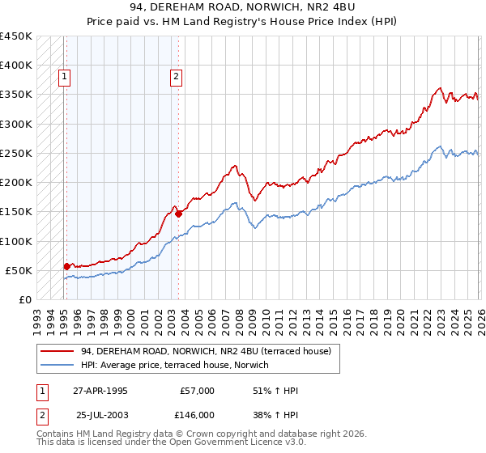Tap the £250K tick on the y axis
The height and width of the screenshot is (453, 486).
[16, 153]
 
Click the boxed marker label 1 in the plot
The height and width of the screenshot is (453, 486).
[64, 78]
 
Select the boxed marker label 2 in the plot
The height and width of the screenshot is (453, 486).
[176, 78]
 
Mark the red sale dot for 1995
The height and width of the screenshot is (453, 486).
[66, 265]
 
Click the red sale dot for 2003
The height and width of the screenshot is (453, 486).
[178, 214]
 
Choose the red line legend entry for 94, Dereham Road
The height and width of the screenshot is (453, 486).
[206, 351]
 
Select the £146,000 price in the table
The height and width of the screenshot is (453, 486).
[197, 414]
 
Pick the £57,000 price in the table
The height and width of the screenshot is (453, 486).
[197, 391]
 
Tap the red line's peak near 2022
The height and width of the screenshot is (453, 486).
[439, 88]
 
